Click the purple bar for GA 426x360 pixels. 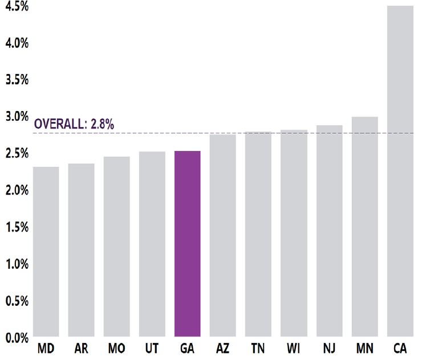coord(187,244)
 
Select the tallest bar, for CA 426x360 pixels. coord(400,171)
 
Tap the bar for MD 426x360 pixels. coord(46,252)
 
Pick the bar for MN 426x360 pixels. coord(364,227)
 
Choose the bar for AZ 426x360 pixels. coord(222,235)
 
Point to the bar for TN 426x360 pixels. coord(258,234)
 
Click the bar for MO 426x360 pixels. coord(116,247)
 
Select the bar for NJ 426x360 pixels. coord(329,231)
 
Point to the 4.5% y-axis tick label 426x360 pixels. coord(17,6)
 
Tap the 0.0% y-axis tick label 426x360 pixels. coord(17,338)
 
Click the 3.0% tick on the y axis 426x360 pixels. coord(17,117)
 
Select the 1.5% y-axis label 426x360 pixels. coord(17,227)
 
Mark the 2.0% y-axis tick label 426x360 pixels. coord(17,190)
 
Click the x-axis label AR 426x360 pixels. coord(81,349)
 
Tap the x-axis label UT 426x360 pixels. coord(152,349)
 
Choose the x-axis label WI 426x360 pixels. coord(294,349)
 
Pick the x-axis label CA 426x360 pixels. coord(400,349)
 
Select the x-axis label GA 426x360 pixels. coord(187,349)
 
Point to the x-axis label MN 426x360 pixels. coord(364,349)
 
